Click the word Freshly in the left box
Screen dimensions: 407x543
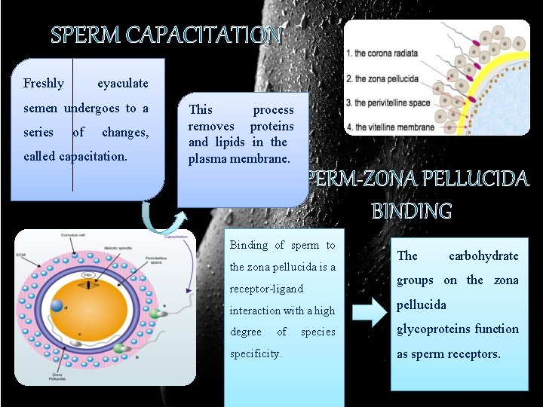tap(43, 84)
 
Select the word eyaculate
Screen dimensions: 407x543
tap(123, 84)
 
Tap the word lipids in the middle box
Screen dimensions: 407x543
tap(229, 142)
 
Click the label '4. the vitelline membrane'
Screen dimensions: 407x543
tap(390, 127)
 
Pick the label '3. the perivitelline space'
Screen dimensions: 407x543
tap(388, 103)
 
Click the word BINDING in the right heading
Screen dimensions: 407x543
tap(411, 211)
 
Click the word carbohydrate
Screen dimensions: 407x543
tap(483, 256)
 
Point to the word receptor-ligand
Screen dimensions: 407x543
tap(266, 289)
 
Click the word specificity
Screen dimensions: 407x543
tap(256, 353)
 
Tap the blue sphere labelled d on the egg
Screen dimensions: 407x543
tap(57, 305)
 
